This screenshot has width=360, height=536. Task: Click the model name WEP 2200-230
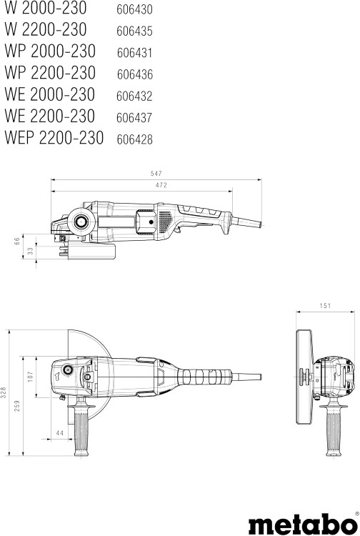pos(54,138)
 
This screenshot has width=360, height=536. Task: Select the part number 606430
pos(134,9)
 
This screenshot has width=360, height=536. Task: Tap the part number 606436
pos(135,74)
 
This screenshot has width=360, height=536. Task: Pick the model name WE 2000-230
pos(50,94)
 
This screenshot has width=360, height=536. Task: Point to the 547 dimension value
pos(156,174)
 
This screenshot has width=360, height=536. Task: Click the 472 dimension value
pos(161,185)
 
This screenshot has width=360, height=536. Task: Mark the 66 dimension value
pos(17,242)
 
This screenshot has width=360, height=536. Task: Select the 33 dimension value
pos(31,251)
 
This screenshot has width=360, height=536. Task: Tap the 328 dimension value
pos(4,393)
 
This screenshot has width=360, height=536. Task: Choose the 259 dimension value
pos(17,406)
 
